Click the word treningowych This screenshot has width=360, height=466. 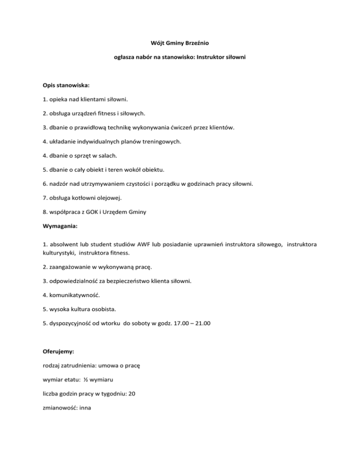coord(159,142)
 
